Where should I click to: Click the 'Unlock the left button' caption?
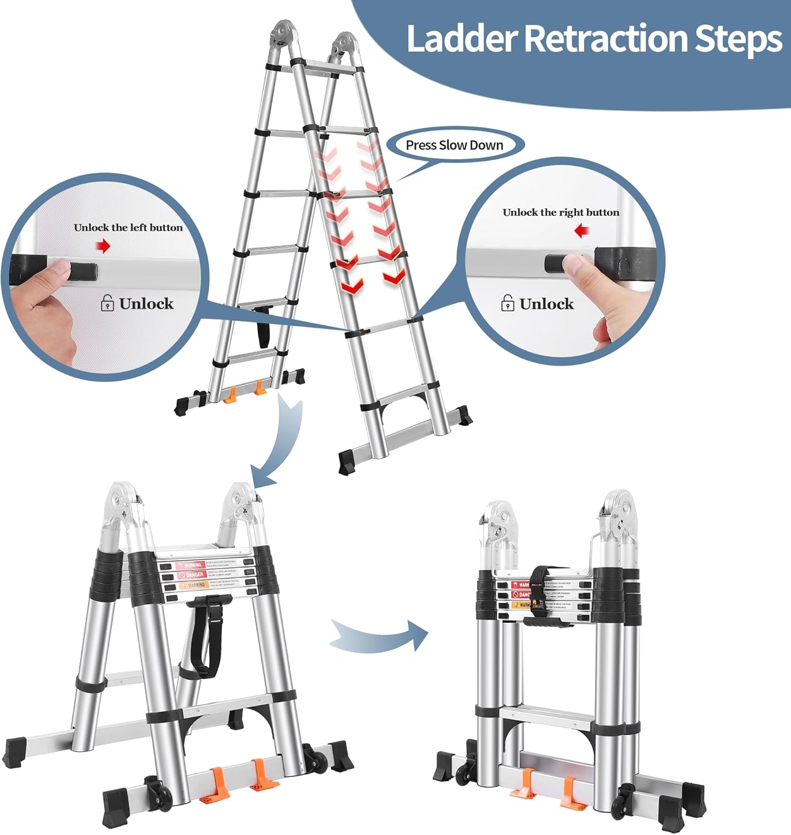pos(128,228)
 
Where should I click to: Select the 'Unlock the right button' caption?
pos(561,213)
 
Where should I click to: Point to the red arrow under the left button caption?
pos(103,246)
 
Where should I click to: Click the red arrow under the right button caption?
pos(582,230)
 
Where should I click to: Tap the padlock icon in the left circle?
pos(107,303)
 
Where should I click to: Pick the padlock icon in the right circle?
pos(507,303)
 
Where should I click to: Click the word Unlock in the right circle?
pos(546,304)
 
